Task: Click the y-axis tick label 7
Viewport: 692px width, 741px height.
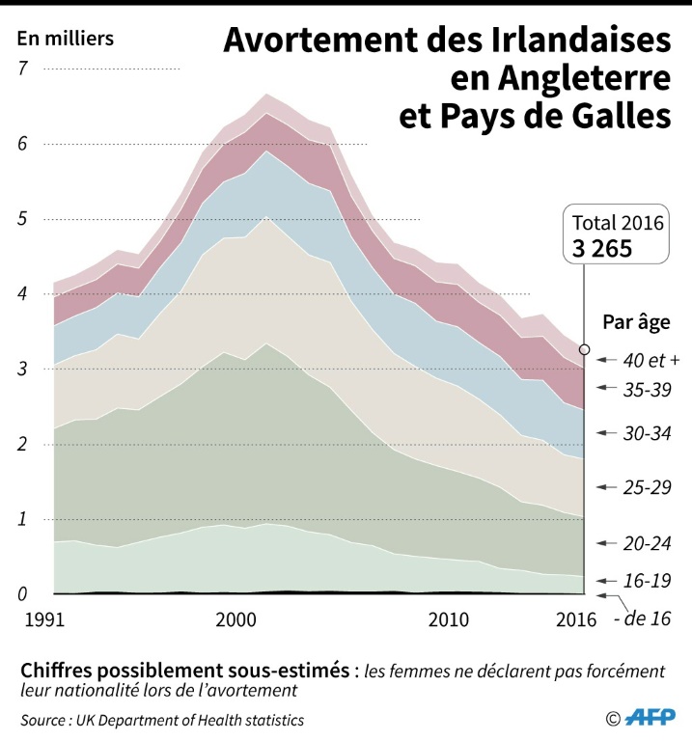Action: click(x=24, y=69)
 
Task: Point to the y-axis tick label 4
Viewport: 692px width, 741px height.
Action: click(x=24, y=294)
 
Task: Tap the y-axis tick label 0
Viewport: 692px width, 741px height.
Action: click(x=24, y=595)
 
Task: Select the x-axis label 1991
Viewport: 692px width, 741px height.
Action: click(x=37, y=618)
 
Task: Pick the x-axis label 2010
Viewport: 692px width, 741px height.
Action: click(x=448, y=618)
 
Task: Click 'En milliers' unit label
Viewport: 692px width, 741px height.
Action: click(x=66, y=40)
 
